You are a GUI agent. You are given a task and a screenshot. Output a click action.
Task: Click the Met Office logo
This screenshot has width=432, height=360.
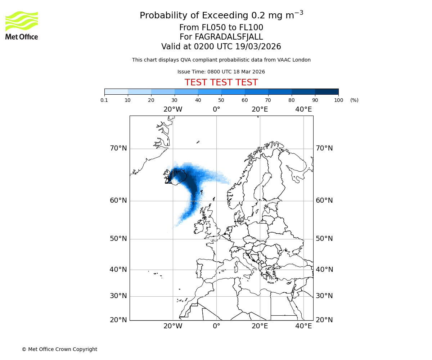22,25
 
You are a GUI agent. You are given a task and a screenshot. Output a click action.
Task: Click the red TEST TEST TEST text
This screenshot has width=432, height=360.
221,82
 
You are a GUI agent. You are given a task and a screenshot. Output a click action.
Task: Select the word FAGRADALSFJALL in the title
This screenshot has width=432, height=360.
229,37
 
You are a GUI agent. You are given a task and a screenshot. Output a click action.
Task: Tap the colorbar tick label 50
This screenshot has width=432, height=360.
221,100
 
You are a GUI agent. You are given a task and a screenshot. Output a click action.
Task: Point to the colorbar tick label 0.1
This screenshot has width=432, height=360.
104,100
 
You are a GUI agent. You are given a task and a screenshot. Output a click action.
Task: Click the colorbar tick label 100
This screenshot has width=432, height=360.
338,100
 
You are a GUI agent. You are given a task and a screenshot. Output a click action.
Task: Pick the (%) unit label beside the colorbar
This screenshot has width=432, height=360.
354,100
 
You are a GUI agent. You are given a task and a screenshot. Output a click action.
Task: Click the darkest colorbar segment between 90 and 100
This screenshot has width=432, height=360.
327,91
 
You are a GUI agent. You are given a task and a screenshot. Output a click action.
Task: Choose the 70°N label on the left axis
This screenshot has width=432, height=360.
118,148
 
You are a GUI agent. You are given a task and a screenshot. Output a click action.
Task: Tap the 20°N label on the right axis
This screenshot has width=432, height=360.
324,320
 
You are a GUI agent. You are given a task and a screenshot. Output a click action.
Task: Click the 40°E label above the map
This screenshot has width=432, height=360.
303,109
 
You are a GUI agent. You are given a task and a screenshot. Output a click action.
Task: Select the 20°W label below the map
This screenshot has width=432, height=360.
173,326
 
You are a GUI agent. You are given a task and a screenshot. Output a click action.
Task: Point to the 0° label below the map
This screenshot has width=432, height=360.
216,326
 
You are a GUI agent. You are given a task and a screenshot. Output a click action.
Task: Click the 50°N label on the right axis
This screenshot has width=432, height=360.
324,239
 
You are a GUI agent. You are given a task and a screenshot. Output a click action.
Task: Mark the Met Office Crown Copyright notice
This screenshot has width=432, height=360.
59,349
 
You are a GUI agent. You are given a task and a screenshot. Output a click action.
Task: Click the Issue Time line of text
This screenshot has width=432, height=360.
221,72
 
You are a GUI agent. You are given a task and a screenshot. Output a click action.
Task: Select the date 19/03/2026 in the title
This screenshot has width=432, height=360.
258,47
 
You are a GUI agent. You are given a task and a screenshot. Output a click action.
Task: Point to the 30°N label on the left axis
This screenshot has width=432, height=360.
118,296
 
